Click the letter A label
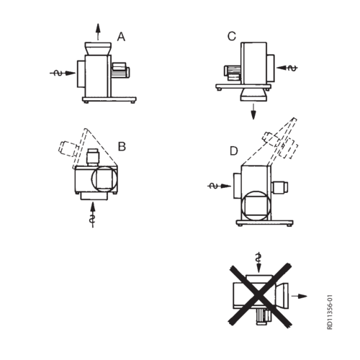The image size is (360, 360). pos(121,37)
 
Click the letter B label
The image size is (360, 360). pos(122,146)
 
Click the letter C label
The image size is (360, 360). pos(232,36)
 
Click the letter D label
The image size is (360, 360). pos(234,151)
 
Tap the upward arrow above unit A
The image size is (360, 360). pos(98,32)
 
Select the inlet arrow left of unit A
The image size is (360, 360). pos(63,73)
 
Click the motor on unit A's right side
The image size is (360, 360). pos(121,70)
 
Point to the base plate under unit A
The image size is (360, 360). pos(109,99)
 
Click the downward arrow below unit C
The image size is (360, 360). pos(253,112)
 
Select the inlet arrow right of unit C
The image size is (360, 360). pos(287,68)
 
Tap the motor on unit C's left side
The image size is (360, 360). pos(233,73)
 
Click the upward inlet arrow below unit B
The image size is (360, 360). pos(93,215)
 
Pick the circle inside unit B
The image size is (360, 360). pos(104,179)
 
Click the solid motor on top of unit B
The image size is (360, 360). pos(93,157)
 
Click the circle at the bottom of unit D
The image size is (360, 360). pos(256,206)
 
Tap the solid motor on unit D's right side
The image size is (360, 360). pos(280,187)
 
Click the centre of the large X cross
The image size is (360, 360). pos(259,294)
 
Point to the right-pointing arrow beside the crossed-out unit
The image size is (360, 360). pos(300,296)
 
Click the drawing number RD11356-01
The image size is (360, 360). pos(330,312)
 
